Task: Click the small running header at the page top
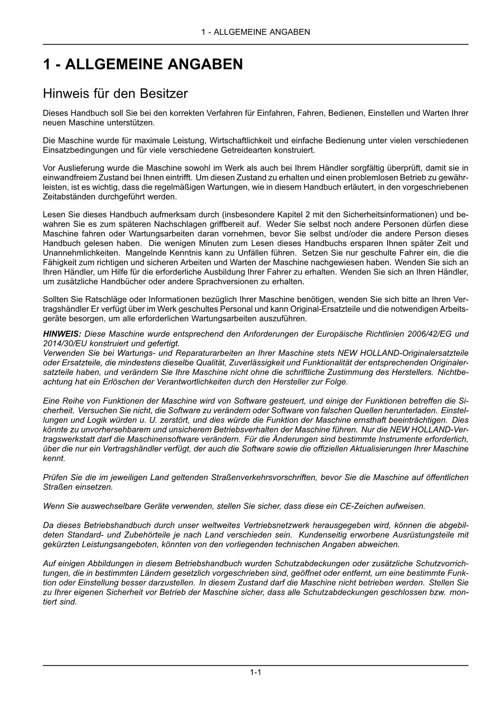[x=256, y=32]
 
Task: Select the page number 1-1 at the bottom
[x=256, y=673]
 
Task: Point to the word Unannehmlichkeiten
[x=81, y=253]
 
